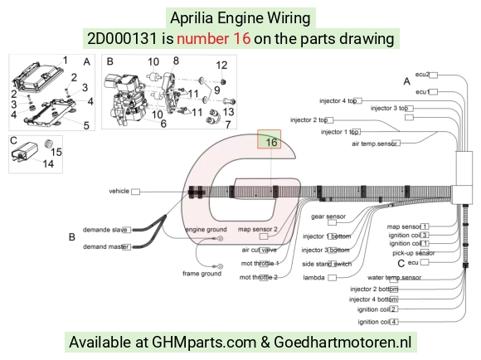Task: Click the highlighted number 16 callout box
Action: click(x=269, y=139)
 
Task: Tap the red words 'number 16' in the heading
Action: click(x=213, y=39)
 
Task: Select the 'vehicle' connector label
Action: click(x=119, y=191)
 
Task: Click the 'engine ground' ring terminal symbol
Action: click(x=220, y=238)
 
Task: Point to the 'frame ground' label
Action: click(x=202, y=274)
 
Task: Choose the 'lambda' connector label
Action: click(x=313, y=277)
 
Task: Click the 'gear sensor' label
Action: click(x=328, y=216)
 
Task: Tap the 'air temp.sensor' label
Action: click(x=374, y=144)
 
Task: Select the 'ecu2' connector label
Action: click(x=422, y=75)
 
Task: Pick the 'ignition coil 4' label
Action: click(x=378, y=322)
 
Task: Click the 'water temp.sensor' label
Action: click(x=394, y=277)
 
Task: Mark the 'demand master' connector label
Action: click(x=105, y=246)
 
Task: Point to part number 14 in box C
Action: click(x=48, y=163)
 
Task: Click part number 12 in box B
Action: click(x=221, y=65)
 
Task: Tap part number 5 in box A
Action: click(x=86, y=125)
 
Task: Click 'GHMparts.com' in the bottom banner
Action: click(x=204, y=342)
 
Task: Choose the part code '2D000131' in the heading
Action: click(x=122, y=39)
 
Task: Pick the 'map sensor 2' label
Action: click(x=258, y=229)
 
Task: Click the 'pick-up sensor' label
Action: click(x=414, y=253)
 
